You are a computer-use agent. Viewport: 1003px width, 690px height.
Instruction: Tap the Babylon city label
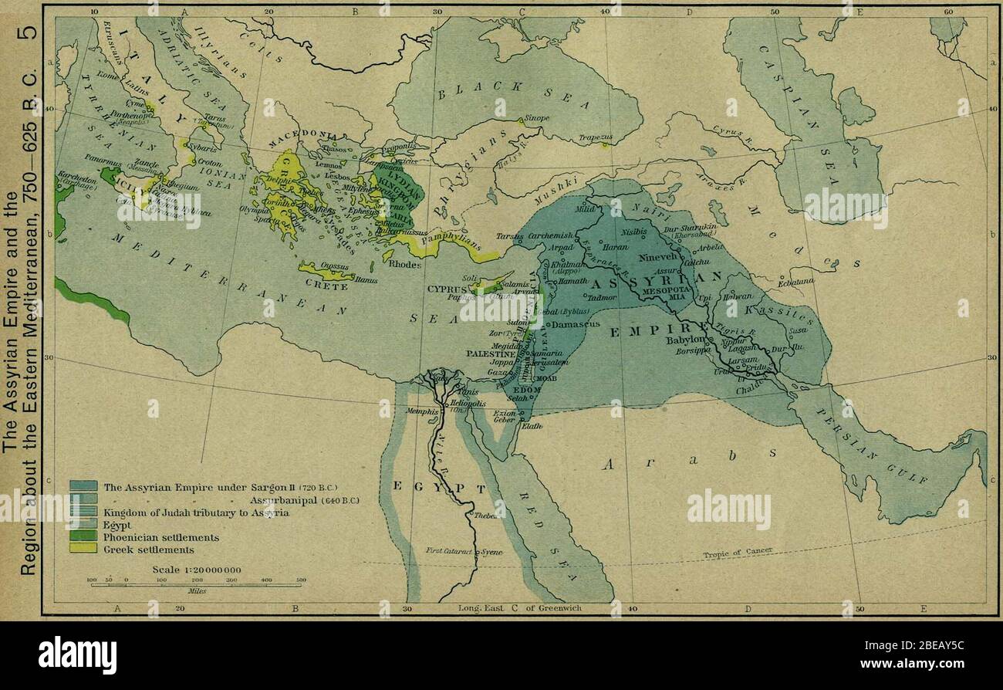click(x=686, y=339)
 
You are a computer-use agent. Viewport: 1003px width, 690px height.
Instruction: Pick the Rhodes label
click(x=405, y=263)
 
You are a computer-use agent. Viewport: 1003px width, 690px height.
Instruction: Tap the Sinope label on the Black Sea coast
click(x=537, y=118)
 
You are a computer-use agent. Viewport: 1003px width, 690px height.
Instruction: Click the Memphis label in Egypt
click(x=422, y=412)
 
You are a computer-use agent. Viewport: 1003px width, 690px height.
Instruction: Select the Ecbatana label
click(x=794, y=282)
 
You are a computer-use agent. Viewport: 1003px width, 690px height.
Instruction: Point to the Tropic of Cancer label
click(x=738, y=553)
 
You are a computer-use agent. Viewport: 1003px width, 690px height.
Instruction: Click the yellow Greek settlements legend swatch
click(x=83, y=549)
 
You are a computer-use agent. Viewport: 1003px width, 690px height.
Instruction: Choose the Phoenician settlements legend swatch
click(x=83, y=536)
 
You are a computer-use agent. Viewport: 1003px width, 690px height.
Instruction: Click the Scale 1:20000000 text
click(x=197, y=570)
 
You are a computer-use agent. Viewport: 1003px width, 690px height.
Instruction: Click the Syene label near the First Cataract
click(x=494, y=553)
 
